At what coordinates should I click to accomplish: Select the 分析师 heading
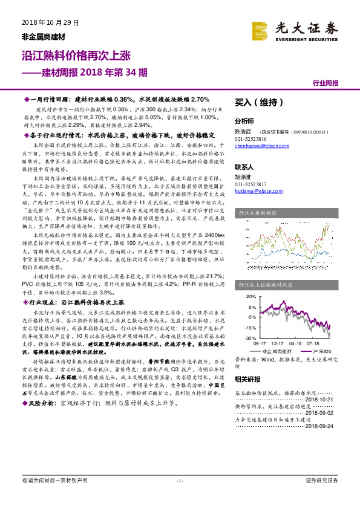244,120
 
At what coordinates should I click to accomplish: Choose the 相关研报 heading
247,379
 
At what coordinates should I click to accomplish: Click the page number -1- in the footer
179,498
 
